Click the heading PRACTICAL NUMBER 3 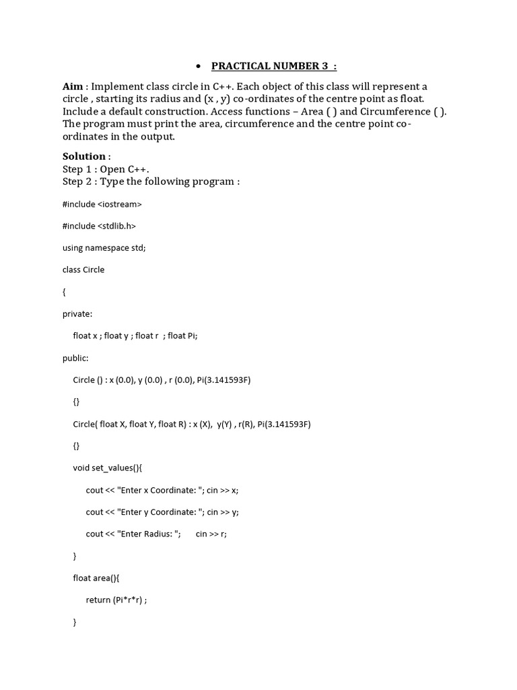click(x=273, y=66)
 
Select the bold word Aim click(x=73, y=87)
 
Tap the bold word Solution click(x=84, y=156)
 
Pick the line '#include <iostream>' click(x=102, y=203)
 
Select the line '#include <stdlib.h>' click(x=101, y=226)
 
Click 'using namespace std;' click(x=104, y=247)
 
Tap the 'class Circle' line click(x=83, y=270)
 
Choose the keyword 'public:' click(x=75, y=358)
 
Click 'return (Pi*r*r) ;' click(x=116, y=600)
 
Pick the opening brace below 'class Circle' click(x=65, y=292)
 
